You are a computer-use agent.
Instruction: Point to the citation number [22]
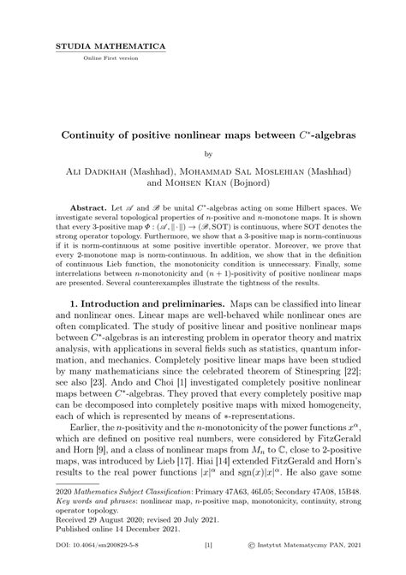click(341, 386)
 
